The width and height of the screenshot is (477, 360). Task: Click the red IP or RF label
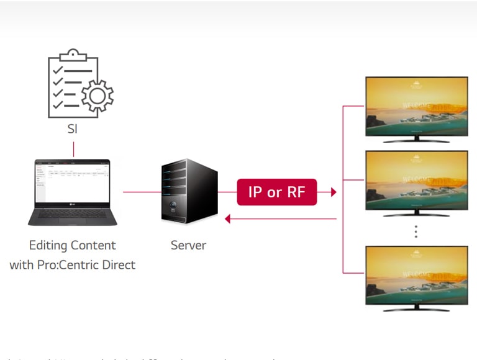[277, 192]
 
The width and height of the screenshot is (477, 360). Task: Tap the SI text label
[73, 130]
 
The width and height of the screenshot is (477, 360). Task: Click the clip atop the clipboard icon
[73, 54]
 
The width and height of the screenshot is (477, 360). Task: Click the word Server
[188, 245]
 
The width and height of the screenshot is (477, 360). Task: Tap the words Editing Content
[72, 245]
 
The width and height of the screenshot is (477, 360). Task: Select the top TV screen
[416, 106]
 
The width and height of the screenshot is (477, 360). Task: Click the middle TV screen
[416, 180]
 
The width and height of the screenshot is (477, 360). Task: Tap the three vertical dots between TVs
[416, 232]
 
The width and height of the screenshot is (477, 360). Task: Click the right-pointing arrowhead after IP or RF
[334, 192]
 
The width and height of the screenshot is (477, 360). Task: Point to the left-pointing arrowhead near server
[228, 218]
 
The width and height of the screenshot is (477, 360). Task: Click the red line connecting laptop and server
[142, 192]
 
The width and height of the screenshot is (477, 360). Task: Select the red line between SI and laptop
[73, 149]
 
